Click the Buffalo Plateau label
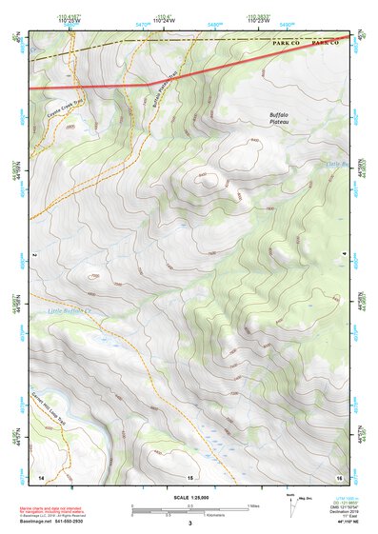coord(282,117)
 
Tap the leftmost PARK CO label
coord(287,43)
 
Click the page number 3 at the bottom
coord(189,523)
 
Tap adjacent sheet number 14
coord(41,475)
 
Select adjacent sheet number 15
coord(189,476)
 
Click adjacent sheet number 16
coord(338,475)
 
